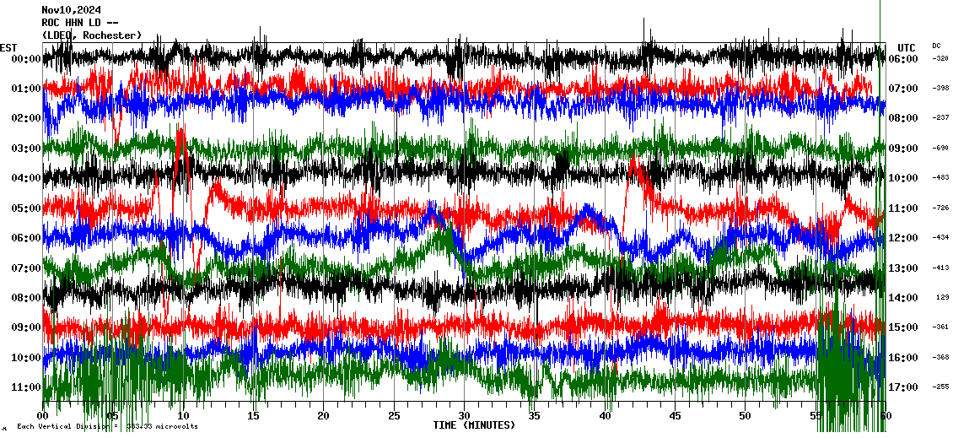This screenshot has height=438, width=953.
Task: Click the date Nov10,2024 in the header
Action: tap(72, 10)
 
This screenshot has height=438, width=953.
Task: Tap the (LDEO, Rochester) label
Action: tap(92, 35)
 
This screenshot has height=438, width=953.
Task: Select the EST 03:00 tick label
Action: tap(27, 149)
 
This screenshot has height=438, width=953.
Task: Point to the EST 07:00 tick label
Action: tap(27, 268)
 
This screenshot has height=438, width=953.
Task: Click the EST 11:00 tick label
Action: tap(27, 387)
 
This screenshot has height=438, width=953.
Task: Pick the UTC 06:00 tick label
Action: tap(903, 59)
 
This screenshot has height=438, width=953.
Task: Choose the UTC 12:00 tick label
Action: tap(903, 238)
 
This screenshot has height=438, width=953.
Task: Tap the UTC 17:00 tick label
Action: tap(903, 387)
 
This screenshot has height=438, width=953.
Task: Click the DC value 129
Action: tap(942, 297)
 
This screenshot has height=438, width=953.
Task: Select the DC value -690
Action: tap(940, 148)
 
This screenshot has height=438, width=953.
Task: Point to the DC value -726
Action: tap(940, 208)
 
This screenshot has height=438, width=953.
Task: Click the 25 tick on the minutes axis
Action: tap(394, 416)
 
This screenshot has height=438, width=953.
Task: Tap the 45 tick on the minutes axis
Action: tap(675, 416)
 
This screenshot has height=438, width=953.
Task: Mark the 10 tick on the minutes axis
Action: tap(183, 416)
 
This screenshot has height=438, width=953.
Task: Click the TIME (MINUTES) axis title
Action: tap(474, 425)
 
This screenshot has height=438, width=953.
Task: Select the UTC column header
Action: tap(907, 47)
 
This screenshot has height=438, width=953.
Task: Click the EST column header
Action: tap(8, 47)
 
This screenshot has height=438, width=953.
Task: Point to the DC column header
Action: tap(936, 46)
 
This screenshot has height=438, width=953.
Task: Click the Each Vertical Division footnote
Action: tap(105, 427)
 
